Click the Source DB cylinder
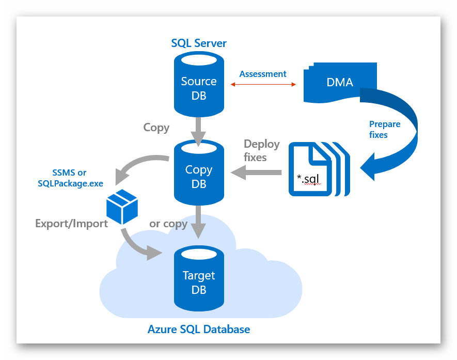pyautogui.click(x=199, y=88)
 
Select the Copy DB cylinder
pyautogui.click(x=199, y=176)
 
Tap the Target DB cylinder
pyautogui.click(x=199, y=281)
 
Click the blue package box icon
pyautogui.click(x=122, y=205)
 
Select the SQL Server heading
pyautogui.click(x=199, y=43)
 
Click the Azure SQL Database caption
pyautogui.click(x=199, y=329)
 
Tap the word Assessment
pyautogui.click(x=263, y=74)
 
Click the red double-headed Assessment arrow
pyautogui.click(x=263, y=84)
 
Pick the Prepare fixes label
pyautogui.click(x=385, y=129)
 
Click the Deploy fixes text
pyautogui.click(x=261, y=150)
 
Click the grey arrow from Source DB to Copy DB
pyautogui.click(x=199, y=129)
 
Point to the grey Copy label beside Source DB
pyautogui.click(x=156, y=127)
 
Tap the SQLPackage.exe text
pyautogui.click(x=70, y=183)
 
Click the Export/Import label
pyautogui.click(x=71, y=223)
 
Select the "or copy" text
pyautogui.click(x=169, y=223)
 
